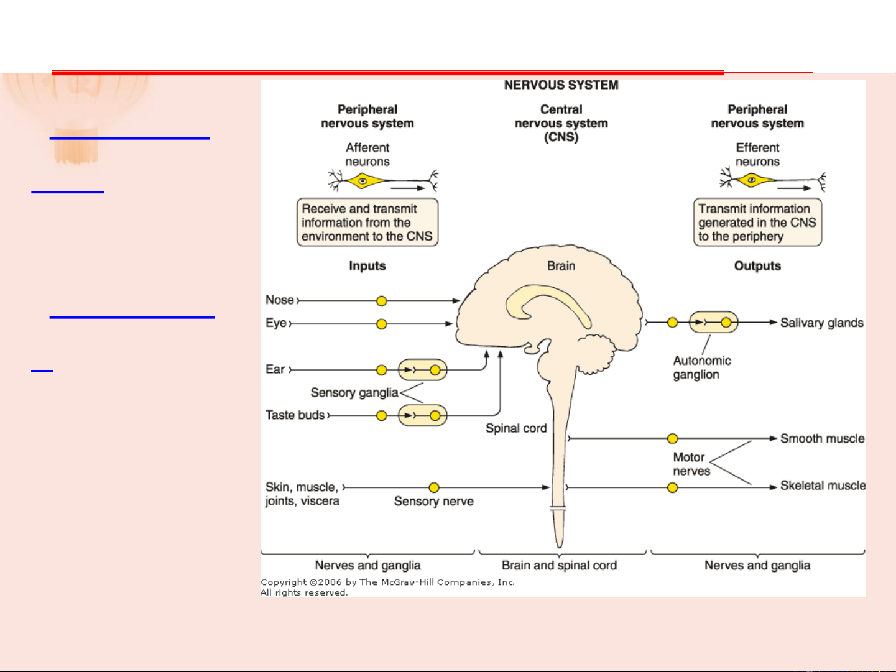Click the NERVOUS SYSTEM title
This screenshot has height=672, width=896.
[x=561, y=85]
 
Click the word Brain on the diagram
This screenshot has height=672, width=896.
[x=561, y=266]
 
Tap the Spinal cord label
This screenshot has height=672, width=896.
[x=516, y=428]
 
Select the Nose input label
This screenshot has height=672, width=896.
[x=280, y=300]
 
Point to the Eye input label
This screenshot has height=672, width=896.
[x=276, y=323]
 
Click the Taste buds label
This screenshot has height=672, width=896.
[x=295, y=415]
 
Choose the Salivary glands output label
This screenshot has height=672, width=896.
[x=821, y=323]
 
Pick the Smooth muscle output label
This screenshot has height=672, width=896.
[x=822, y=438]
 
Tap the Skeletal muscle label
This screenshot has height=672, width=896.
[x=823, y=486]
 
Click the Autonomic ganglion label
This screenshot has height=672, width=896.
[x=701, y=367]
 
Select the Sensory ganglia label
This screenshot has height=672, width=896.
[x=354, y=393]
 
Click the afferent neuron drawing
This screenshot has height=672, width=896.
[x=382, y=182]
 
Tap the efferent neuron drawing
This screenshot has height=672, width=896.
[x=772, y=181]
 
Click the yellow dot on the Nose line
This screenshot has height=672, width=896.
[x=382, y=301]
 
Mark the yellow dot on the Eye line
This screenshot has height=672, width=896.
[x=382, y=324]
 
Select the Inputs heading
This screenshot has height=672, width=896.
[x=367, y=266]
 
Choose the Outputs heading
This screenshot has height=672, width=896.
[x=757, y=266]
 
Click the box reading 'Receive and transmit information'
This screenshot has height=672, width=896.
[x=367, y=223]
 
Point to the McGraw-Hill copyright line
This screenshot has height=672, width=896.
[x=387, y=582]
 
